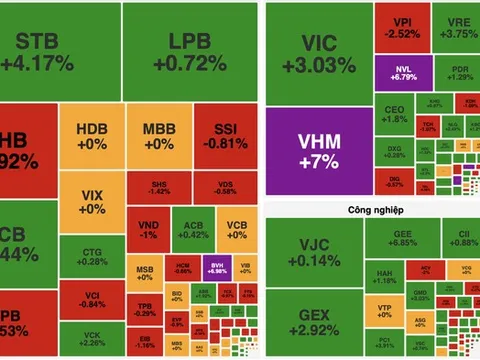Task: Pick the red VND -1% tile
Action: point(148,228)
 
